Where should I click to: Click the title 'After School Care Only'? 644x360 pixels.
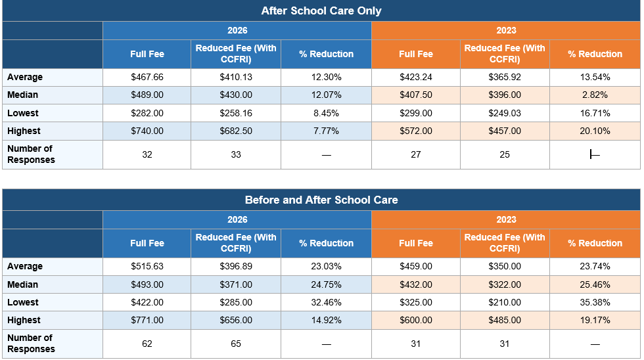pyautogui.click(x=321, y=11)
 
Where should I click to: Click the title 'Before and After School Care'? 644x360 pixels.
pyautogui.click(x=321, y=200)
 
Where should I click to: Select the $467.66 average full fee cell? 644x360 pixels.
pyautogui.click(x=147, y=77)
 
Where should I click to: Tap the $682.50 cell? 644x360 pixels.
pyautogui.click(x=236, y=131)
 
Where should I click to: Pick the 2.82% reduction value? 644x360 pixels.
pyautogui.click(x=595, y=95)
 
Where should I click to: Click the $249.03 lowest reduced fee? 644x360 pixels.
pyautogui.click(x=505, y=113)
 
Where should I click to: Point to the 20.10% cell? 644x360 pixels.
pyautogui.click(x=595, y=131)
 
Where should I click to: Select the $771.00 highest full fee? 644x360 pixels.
pyautogui.click(x=147, y=320)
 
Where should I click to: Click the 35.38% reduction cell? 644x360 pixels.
pyautogui.click(x=595, y=303)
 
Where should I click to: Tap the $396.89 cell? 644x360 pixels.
pyautogui.click(x=236, y=267)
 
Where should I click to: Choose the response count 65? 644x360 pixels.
pyautogui.click(x=236, y=344)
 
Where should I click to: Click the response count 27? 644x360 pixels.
pyautogui.click(x=415, y=154)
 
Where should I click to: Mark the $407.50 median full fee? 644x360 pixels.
pyautogui.click(x=415, y=95)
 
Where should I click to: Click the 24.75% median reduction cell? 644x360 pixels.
pyautogui.click(x=326, y=284)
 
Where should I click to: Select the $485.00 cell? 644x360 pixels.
pyautogui.click(x=505, y=320)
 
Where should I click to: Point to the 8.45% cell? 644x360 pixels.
pyautogui.click(x=326, y=113)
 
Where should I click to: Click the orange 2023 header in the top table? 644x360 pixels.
pyautogui.click(x=506, y=30)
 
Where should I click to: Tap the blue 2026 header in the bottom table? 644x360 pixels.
pyautogui.click(x=237, y=219)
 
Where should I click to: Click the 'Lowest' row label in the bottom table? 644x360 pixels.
pyautogui.click(x=22, y=303)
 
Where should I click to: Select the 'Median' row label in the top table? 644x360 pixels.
pyautogui.click(x=22, y=95)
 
